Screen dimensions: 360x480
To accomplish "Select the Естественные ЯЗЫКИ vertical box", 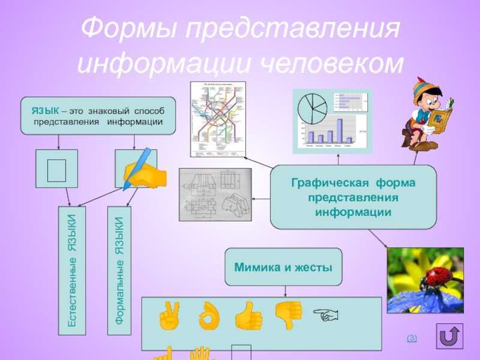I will [71, 271].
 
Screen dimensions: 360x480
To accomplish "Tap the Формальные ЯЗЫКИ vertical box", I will [120, 271].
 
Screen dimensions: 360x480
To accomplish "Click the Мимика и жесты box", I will [283, 266].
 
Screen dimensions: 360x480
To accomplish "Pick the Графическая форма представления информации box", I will [353, 197].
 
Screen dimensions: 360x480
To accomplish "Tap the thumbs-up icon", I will [248, 316].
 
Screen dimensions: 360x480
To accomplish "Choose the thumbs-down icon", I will [288, 314].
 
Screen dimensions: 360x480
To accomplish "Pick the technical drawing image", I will [215, 194].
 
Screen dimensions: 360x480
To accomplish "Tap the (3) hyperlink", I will [412, 339].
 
